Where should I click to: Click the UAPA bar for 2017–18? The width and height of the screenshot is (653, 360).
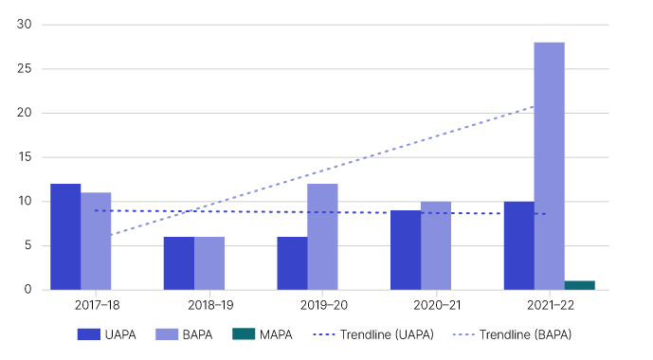65,237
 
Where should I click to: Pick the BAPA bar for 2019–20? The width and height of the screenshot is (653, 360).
322,237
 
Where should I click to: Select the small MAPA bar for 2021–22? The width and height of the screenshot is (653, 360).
579,285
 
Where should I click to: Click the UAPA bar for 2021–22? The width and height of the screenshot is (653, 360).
518,245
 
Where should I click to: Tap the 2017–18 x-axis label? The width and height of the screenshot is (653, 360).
81,306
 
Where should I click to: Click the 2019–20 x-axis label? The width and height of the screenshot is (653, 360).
307,306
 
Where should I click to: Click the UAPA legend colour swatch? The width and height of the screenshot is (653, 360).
90,334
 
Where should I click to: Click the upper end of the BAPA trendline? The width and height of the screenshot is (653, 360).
534,106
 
